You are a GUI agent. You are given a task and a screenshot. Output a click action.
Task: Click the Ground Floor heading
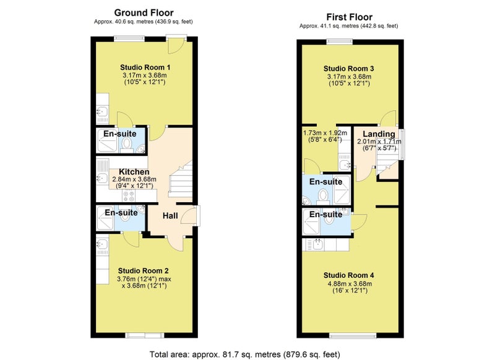click(144, 12)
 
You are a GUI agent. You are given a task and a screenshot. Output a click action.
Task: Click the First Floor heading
click(349, 17)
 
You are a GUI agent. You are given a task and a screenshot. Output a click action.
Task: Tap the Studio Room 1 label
click(145, 67)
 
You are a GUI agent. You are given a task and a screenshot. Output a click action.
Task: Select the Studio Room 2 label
click(144, 271)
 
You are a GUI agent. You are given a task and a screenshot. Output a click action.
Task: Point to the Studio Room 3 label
click(349, 69)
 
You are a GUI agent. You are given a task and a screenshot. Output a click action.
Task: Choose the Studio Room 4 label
click(349, 275)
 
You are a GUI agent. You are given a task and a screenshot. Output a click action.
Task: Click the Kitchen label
click(134, 171)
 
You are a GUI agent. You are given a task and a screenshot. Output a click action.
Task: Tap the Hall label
click(170, 216)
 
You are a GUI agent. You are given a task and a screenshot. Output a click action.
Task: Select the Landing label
click(379, 134)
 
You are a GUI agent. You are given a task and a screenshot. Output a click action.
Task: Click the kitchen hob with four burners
click(129, 196)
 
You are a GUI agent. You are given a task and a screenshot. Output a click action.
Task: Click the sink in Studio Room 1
click(102, 111)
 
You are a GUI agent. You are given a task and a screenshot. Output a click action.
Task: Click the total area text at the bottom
click(244, 354)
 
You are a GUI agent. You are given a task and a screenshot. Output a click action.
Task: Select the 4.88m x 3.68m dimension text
click(350, 284)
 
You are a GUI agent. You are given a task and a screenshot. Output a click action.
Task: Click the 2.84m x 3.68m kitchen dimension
click(134, 179)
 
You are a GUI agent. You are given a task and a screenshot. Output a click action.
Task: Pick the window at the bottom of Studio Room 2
click(144, 335)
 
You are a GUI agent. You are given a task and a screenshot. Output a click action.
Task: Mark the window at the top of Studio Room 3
click(339, 41)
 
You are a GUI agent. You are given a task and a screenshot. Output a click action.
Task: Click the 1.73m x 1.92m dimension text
click(325, 133)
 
